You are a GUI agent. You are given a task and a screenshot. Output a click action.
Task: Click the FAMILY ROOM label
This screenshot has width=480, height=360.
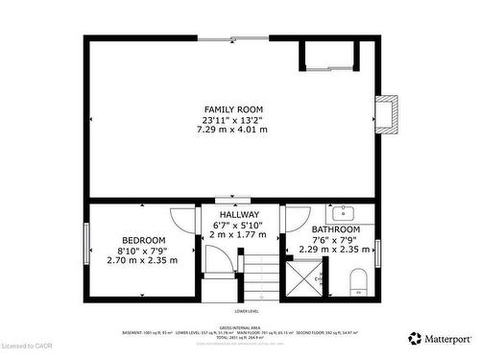tap(233, 109)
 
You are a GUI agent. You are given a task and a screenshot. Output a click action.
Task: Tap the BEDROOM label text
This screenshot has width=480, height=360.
tap(143, 240)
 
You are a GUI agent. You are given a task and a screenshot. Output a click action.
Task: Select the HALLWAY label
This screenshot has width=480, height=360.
tap(239, 214)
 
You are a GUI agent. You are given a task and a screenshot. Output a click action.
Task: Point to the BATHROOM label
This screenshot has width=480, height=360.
tap(336, 230)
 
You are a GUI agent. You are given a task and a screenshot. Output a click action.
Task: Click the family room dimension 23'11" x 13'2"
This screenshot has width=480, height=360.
tap(233, 120)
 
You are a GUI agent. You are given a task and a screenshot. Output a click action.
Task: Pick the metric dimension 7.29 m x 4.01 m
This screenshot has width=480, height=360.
tap(233, 130)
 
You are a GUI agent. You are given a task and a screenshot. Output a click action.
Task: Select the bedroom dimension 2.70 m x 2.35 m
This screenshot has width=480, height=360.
tap(142, 260)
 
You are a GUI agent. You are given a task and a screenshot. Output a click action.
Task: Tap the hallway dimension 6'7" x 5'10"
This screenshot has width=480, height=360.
tap(239, 225)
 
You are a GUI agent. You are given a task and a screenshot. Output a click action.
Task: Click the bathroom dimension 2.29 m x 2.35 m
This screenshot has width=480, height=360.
tap(336, 250)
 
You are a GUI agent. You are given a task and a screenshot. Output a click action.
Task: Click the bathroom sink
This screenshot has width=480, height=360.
tap(344, 212)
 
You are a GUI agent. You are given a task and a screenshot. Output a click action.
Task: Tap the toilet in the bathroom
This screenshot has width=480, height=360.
tap(358, 281)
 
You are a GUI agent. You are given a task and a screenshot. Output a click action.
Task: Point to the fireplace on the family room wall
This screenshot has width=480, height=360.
tap(386, 113)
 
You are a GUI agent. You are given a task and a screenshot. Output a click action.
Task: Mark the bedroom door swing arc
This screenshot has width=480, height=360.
tap(182, 220)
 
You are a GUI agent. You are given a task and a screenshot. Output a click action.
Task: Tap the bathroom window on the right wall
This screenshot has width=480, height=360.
tap(378, 252)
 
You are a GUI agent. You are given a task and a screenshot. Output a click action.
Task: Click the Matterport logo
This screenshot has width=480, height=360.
tap(441, 337)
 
